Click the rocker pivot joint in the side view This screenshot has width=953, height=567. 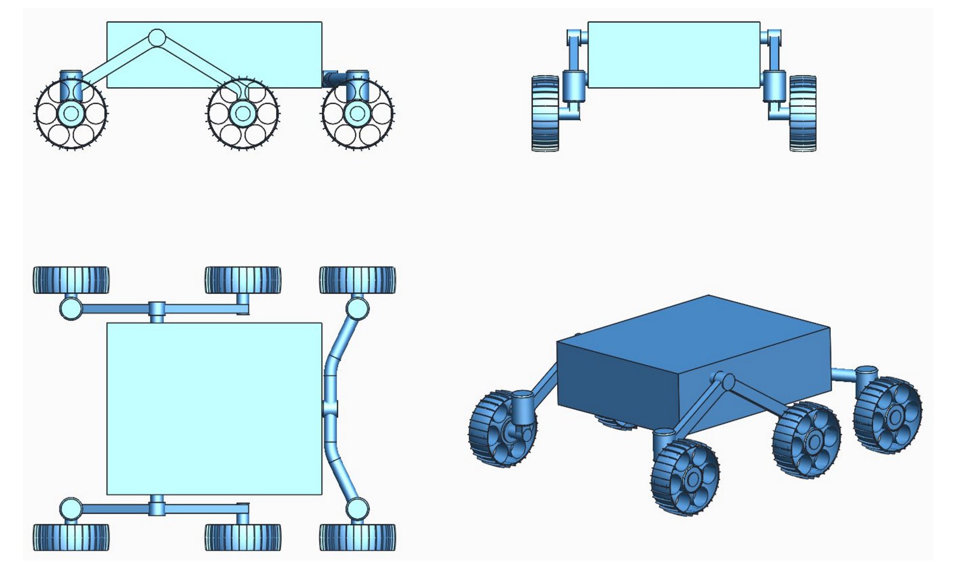[x=156, y=38]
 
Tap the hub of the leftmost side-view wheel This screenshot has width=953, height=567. [x=71, y=113]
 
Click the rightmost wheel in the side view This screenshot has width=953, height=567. [x=357, y=113]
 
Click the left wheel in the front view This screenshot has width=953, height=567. [x=545, y=113]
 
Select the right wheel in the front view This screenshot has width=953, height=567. [x=802, y=113]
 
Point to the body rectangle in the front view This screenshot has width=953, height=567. [x=673, y=55]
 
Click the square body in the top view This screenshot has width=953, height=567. [x=214, y=409]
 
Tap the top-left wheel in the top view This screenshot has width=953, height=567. [x=71, y=280]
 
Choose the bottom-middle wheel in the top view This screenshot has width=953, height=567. [x=242, y=537]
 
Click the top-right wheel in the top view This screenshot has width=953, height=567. [x=357, y=280]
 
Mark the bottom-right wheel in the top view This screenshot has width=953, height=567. [x=357, y=537]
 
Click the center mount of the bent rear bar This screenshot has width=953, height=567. [x=330, y=409]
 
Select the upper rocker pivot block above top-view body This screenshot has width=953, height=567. [x=156, y=310]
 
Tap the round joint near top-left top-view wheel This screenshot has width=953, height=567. [x=70, y=309]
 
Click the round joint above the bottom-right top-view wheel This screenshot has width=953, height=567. [x=357, y=509]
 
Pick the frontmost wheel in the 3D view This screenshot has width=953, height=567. [x=685, y=478]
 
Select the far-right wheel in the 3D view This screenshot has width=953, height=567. [x=887, y=415]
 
